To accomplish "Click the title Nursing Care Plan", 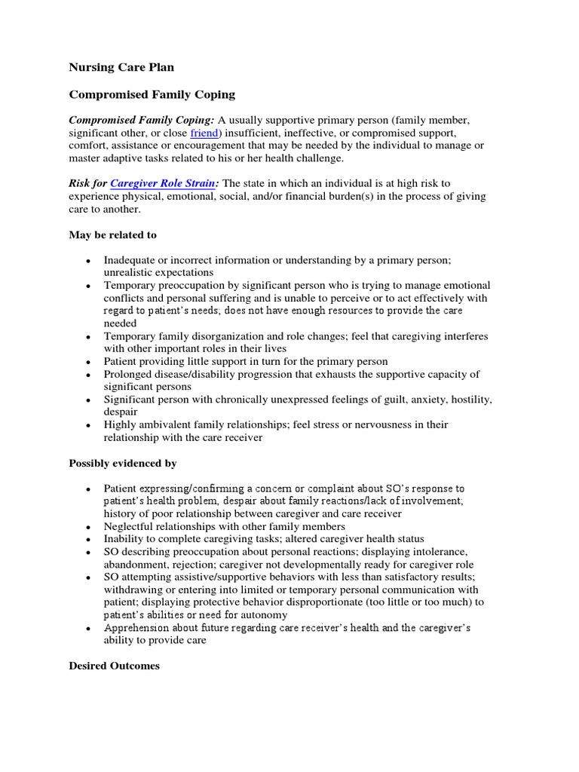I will (x=121, y=67).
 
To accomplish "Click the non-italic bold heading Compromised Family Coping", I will (x=152, y=94).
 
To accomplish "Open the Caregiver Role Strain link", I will (x=162, y=183).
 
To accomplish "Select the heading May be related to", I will (x=112, y=235).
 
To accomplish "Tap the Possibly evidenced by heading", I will (x=122, y=463).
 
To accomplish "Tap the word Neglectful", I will (x=129, y=526).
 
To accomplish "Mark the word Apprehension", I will (x=136, y=628).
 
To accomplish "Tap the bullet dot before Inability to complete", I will (x=88, y=540).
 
